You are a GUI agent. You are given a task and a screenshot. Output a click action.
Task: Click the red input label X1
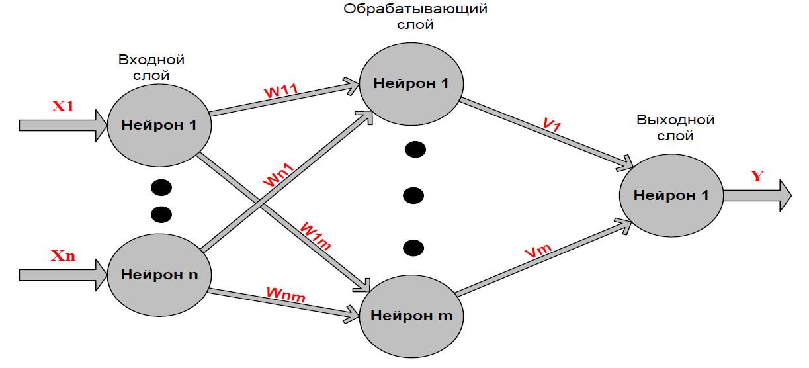[63, 105]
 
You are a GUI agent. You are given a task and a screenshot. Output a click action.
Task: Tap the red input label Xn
[63, 256]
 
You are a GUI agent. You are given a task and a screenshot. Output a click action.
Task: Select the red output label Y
[757, 176]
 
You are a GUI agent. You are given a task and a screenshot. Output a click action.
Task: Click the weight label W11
[281, 91]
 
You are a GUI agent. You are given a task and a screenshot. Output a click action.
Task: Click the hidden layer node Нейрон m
[411, 315]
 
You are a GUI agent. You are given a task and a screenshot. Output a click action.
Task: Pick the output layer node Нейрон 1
[671, 195]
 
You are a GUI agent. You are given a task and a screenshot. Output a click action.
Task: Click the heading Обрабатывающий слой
[415, 18]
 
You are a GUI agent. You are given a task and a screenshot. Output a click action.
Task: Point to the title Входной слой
[151, 68]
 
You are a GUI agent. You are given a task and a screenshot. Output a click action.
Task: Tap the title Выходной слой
[675, 128]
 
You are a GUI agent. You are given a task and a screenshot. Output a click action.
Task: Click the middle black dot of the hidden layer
[413, 195]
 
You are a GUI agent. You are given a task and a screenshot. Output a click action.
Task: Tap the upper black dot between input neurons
[161, 189]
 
